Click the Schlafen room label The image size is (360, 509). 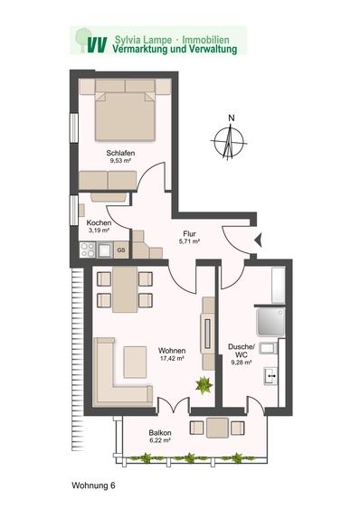click(120, 153)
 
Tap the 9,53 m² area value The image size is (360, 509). click(120, 160)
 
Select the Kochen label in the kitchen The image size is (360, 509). click(99, 223)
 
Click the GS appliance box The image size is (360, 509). click(121, 250)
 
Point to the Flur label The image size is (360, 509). click(189, 234)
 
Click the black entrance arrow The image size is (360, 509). click(259, 240)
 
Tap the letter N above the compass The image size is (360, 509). click(232, 118)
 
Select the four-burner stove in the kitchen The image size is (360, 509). click(88, 250)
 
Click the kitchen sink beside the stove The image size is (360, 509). click(105, 250)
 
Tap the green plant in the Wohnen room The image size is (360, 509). click(204, 385)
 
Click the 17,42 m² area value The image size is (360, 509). click(172, 358)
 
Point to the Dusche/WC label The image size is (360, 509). click(242, 351)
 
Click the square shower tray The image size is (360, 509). click(270, 322)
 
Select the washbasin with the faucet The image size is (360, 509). click(270, 376)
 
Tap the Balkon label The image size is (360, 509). click(160, 433)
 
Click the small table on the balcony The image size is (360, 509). click(217, 428)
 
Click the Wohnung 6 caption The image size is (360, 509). click(93, 485)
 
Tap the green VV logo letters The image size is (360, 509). click(97, 45)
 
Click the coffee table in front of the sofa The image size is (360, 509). click(135, 362)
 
